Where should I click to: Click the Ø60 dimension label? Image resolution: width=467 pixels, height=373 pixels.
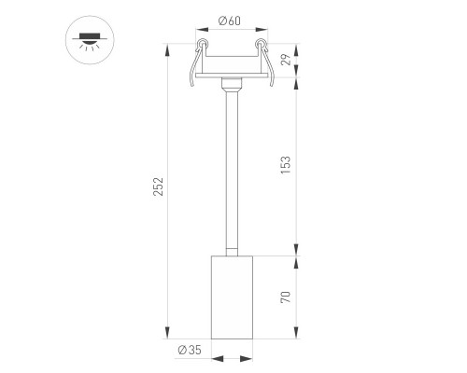(230, 21)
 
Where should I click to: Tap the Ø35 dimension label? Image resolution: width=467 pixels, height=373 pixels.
(190, 350)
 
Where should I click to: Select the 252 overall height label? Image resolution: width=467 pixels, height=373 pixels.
(159, 186)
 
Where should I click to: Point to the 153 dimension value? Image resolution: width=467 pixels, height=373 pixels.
(286, 165)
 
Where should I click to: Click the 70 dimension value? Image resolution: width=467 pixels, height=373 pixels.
(286, 297)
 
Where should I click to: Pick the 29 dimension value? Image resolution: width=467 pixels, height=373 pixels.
(286, 60)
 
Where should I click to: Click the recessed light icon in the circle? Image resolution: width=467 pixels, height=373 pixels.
(90, 40)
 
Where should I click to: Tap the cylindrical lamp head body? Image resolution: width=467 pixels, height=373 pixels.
(232, 297)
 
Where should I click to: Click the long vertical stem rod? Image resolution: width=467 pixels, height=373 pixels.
(232, 170)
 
